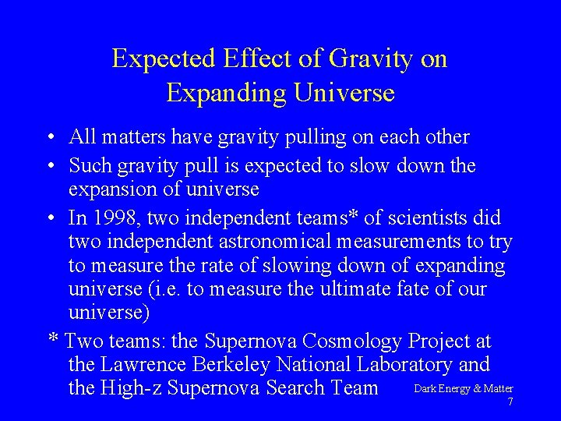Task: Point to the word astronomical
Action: click(301, 242)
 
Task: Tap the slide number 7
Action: click(510, 402)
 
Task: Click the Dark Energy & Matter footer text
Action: click(463, 388)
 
